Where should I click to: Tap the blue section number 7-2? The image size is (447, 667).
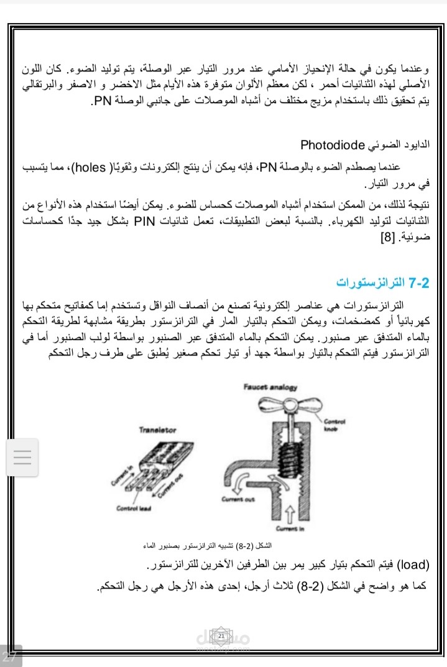coord(420,283)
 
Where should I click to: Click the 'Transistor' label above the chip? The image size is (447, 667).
coord(157,430)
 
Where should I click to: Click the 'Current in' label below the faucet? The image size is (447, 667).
coord(290,529)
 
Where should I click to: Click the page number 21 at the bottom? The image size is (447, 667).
coord(221,636)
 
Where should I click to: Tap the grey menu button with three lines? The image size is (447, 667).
coord(22,458)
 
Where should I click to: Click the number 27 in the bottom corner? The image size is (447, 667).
coord(10,656)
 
